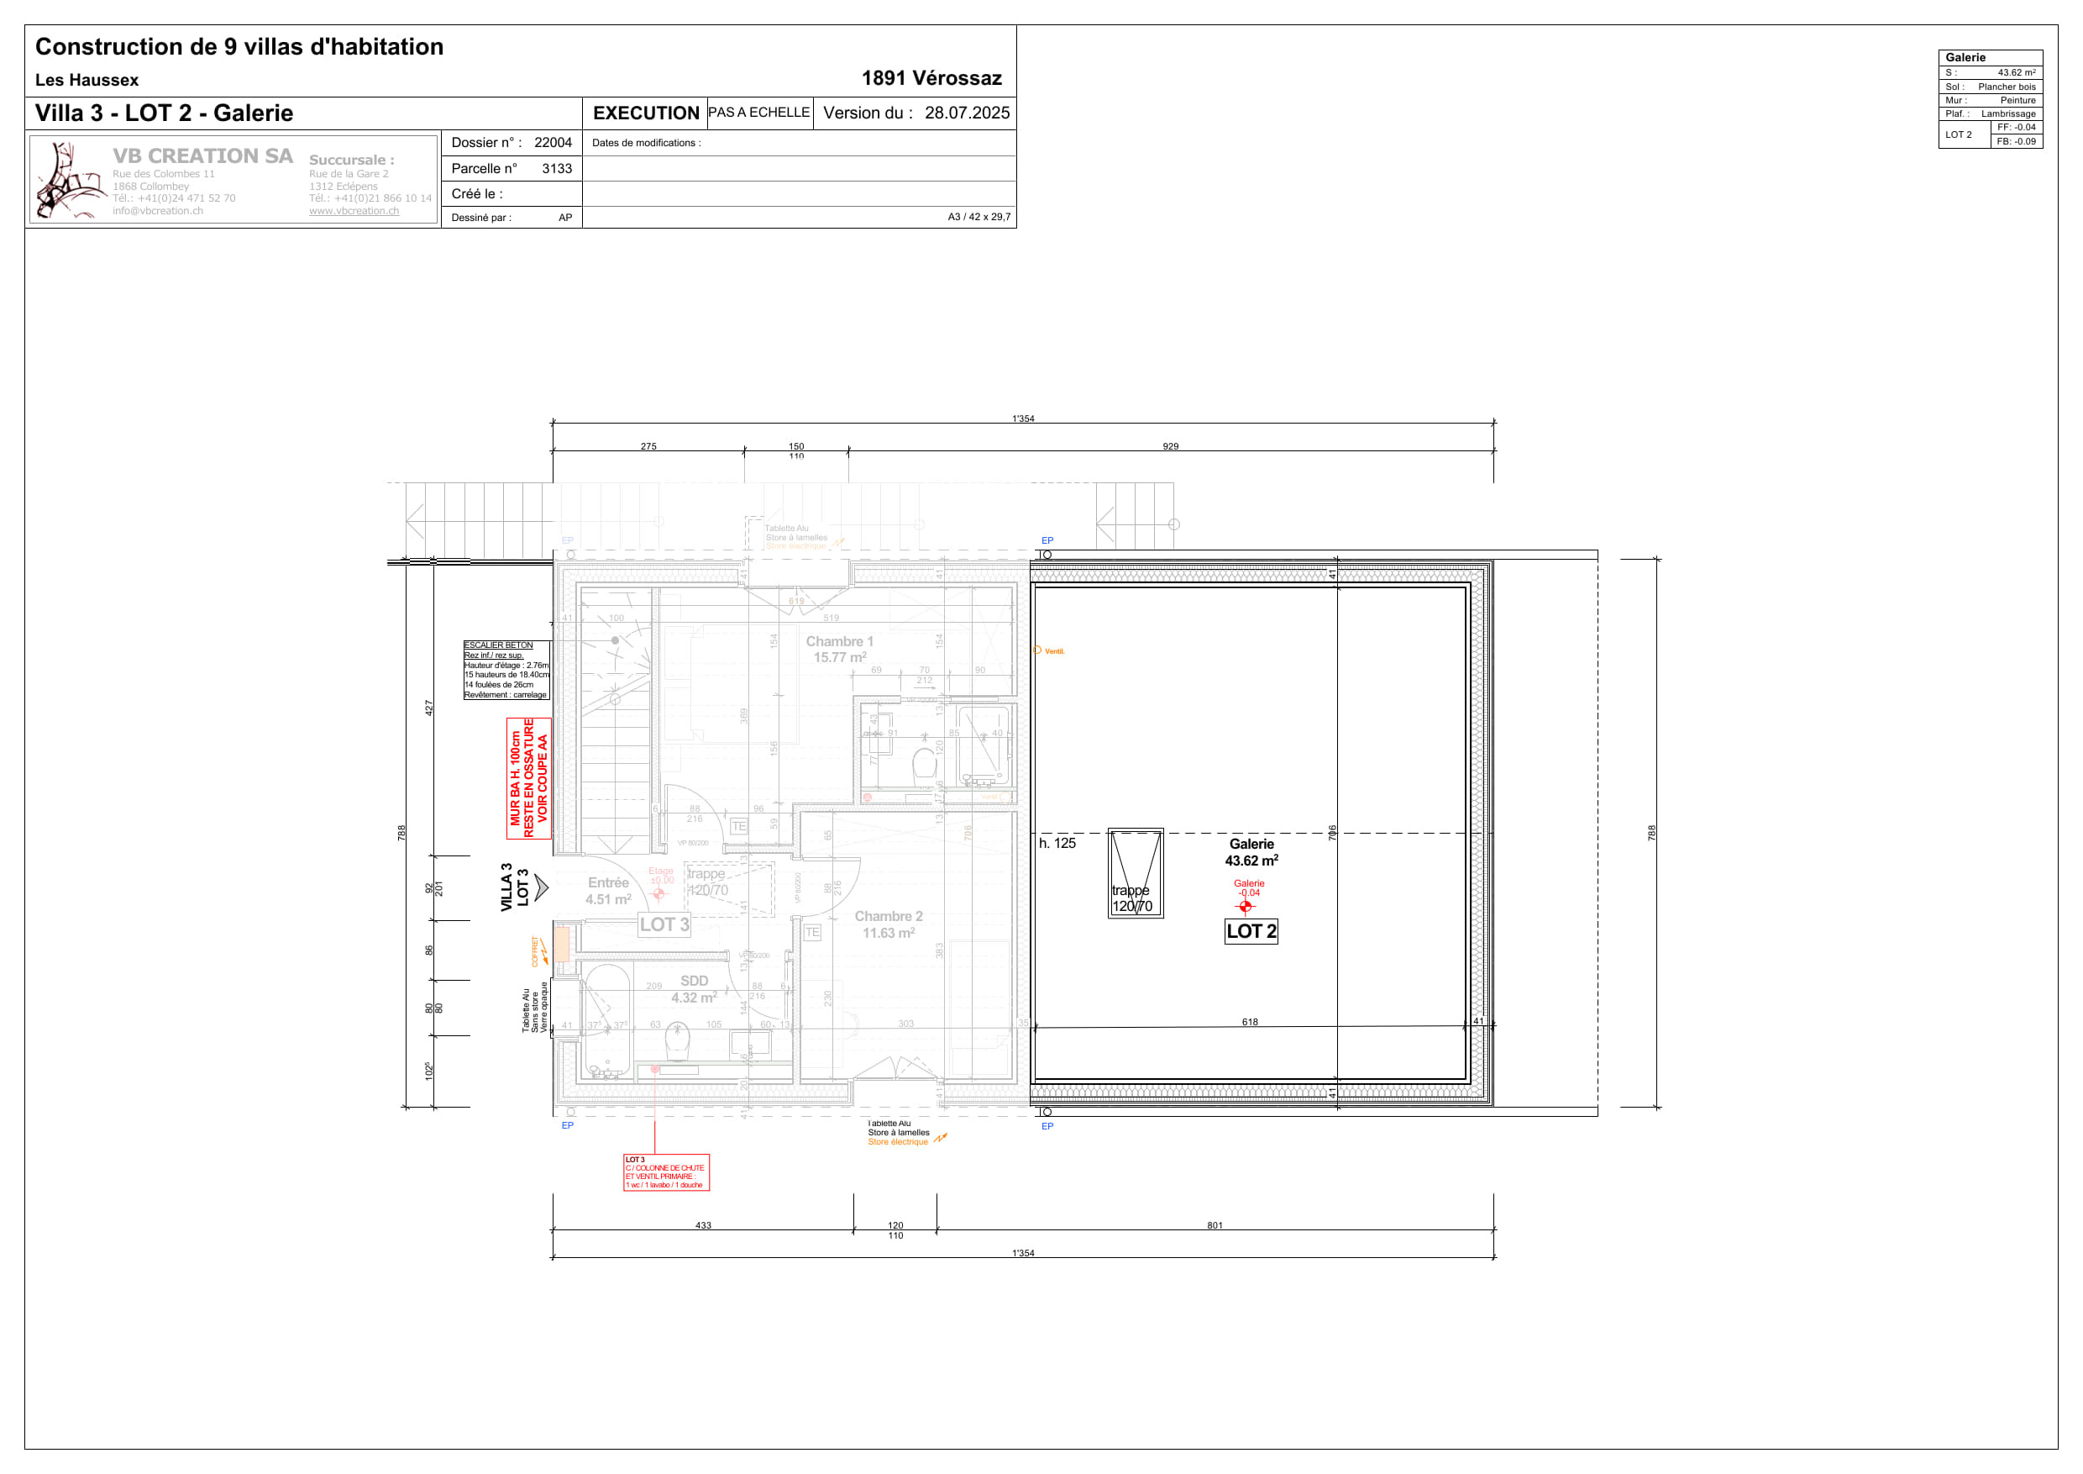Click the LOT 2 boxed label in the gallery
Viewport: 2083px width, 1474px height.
coord(1251,931)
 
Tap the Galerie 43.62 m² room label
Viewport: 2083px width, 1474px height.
coord(1251,852)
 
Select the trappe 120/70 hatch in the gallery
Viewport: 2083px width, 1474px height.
coord(1135,873)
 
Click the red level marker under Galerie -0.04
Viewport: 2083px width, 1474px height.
coord(1246,906)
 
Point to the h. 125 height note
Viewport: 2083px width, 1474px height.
coord(1057,843)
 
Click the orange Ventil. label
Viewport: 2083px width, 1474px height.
coord(1053,651)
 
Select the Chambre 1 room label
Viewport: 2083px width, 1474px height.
coord(839,649)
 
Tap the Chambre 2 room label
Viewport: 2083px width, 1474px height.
coord(888,924)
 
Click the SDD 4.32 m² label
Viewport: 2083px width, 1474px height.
coord(694,989)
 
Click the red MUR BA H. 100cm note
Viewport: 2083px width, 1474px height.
coord(529,778)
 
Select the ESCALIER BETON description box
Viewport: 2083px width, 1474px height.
coord(506,670)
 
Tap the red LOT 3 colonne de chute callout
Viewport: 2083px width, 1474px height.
coord(666,1171)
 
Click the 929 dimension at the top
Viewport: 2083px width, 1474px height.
coord(1170,446)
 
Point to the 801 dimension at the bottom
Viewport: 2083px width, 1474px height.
coord(1215,1225)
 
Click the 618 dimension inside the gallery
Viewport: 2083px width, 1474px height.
coord(1249,1022)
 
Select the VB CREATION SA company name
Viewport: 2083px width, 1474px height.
coord(202,156)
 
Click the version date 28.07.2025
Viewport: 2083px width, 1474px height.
coord(966,113)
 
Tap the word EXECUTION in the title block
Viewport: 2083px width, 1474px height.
coord(645,113)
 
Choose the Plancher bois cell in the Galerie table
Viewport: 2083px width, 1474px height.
coord(2006,87)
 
